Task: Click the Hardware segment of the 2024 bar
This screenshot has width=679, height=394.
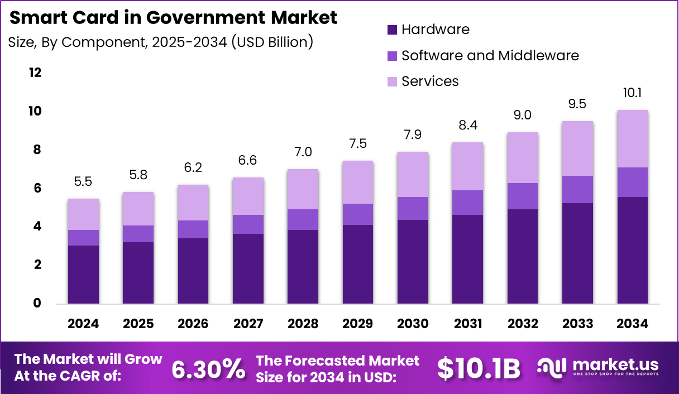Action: coord(83,275)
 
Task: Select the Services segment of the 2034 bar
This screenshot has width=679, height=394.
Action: coord(632,138)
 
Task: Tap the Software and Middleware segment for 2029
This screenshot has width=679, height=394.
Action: coord(358,214)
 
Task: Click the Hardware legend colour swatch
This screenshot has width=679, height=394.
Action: coord(392,30)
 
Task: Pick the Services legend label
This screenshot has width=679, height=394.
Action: coord(430,81)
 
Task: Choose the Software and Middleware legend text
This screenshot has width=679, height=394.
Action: coord(490,55)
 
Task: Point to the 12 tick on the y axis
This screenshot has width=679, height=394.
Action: coord(35,73)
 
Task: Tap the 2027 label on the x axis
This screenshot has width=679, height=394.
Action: coord(248,324)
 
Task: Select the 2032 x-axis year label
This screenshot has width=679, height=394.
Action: coord(523,324)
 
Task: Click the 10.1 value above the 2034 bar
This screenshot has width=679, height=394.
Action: coord(632,93)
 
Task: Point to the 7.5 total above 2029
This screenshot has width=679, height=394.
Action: coord(358,144)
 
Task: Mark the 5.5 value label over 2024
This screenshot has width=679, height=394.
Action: coord(83,182)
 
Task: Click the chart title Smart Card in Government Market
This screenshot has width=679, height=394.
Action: coord(174,18)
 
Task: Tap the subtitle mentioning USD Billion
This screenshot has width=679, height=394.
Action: coord(160,42)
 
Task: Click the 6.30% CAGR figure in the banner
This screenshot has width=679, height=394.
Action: coord(208,368)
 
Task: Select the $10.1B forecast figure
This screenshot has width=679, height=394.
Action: coord(479,368)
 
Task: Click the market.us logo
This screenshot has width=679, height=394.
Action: coord(597,367)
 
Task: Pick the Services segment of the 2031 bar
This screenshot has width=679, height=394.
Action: coord(467,166)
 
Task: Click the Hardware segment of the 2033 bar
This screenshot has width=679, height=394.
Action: coord(577,253)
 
